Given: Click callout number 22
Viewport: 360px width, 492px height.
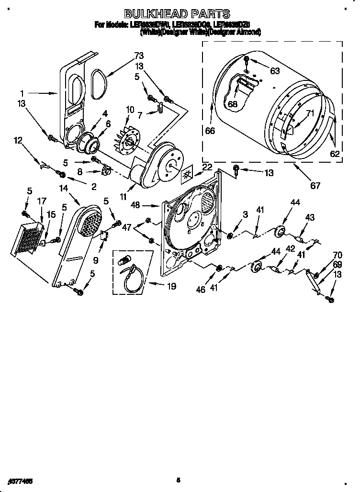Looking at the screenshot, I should tap(207, 167).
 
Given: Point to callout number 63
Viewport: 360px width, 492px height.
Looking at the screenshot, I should tap(274, 71).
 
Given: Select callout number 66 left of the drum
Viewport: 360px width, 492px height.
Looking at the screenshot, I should tap(210, 130).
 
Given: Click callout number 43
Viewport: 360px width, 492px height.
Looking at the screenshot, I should tap(310, 218).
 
